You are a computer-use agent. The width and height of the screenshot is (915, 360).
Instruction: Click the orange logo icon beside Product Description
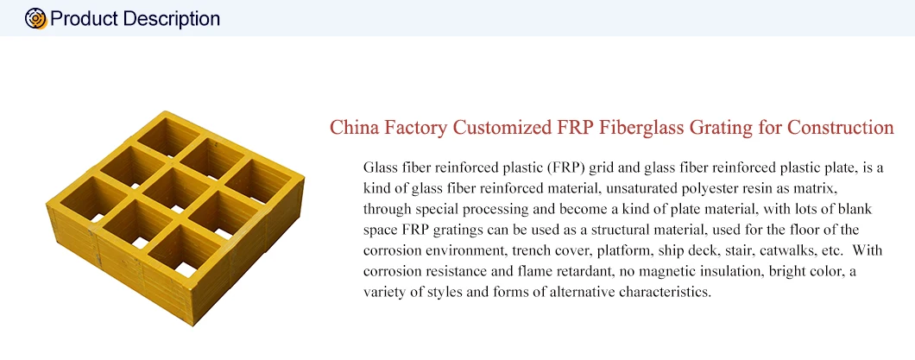click(x=36, y=18)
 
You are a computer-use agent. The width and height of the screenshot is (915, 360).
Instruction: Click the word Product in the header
click(x=85, y=18)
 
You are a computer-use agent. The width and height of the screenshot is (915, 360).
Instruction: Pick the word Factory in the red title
click(x=413, y=129)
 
